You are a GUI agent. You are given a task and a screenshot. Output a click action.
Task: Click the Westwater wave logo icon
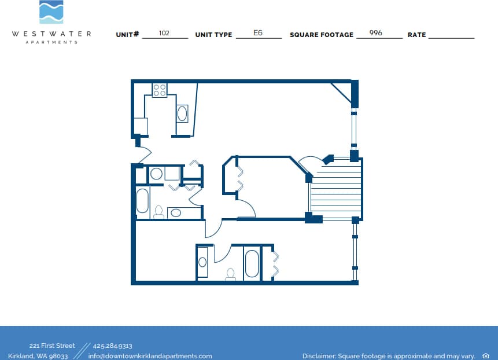click(51, 12)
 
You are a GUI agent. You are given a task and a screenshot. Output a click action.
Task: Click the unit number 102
click(164, 33)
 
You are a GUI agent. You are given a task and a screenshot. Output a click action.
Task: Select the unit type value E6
click(258, 33)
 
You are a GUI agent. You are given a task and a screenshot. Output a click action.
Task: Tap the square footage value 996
click(375, 33)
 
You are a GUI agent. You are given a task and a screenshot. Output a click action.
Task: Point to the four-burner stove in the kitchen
click(160, 90)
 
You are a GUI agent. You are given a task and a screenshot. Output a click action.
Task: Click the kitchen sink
click(182, 113)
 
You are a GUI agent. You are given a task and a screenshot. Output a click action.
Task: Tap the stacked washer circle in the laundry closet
click(156, 174)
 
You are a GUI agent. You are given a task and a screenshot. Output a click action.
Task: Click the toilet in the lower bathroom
click(231, 274)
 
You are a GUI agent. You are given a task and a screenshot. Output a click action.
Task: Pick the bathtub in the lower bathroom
click(252, 263)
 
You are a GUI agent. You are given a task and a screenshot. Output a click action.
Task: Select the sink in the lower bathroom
click(202, 262)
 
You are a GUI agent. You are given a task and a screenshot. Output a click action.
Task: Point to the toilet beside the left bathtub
click(158, 212)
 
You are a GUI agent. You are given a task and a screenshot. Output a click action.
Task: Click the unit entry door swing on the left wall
click(143, 154)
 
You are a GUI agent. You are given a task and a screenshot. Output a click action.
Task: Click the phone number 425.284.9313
click(112, 346)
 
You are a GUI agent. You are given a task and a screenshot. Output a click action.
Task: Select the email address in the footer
click(150, 356)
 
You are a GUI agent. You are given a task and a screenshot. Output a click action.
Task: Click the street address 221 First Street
click(52, 346)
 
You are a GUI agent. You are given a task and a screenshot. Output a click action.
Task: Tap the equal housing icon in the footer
click(485, 356)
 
